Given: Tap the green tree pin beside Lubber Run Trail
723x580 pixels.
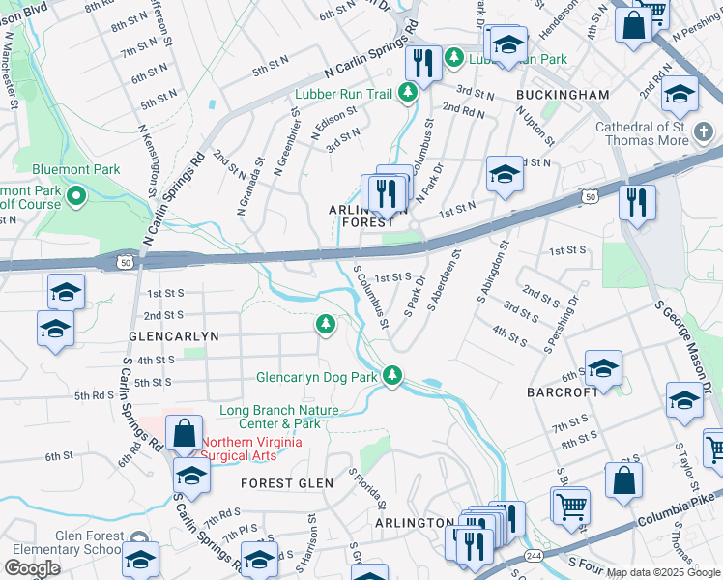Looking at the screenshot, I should tap(408, 93).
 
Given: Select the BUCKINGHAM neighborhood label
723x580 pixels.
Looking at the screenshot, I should tap(563, 95).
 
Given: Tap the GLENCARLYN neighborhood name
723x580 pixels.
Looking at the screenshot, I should tap(174, 335).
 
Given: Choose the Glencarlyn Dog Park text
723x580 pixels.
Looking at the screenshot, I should tap(316, 377).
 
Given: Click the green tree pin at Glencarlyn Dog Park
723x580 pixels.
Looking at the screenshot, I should tap(391, 375).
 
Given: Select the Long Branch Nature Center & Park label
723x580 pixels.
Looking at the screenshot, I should tap(270, 417).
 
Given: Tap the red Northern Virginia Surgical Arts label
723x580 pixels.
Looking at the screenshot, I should tap(251, 449).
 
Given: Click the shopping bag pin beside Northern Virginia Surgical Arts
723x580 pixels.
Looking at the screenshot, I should tap(184, 433).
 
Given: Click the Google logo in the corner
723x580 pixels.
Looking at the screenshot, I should tap(32, 568).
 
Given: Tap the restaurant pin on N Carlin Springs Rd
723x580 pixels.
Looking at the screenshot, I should tap(423, 63).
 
